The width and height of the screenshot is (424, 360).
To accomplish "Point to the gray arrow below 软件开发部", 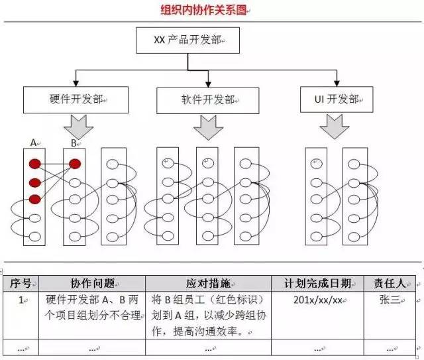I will click(208, 127).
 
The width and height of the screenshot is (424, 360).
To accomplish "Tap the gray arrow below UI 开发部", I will click(334, 126).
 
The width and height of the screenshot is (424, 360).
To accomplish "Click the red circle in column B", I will click(75, 164).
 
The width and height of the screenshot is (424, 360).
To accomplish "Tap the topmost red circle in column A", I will click(34, 164).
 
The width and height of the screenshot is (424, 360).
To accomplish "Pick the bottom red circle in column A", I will click(34, 199).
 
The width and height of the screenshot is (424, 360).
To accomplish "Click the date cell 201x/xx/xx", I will click(317, 299).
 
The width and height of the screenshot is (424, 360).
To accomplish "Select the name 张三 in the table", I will click(389, 300).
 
